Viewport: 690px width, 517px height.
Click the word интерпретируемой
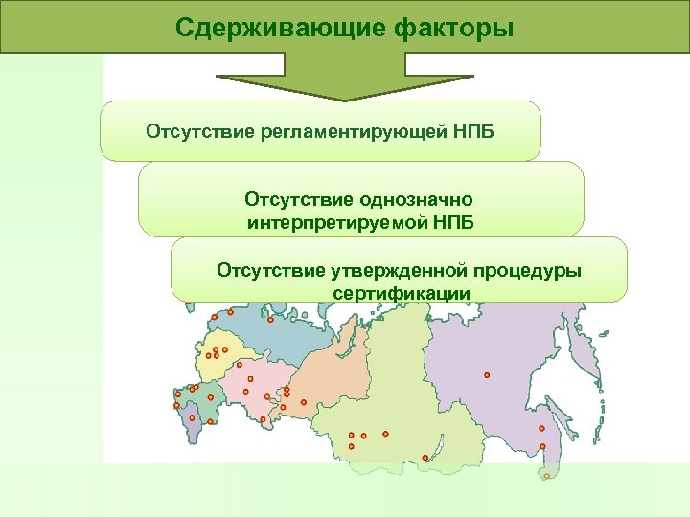click(x=338, y=223)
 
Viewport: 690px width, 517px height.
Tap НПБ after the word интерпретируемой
click(x=452, y=223)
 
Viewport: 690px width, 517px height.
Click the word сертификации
click(x=402, y=292)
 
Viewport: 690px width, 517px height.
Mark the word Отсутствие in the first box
click(x=198, y=130)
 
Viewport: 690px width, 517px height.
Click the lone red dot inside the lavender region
click(x=487, y=374)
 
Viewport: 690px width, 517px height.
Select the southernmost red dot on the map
click(x=546, y=475)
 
